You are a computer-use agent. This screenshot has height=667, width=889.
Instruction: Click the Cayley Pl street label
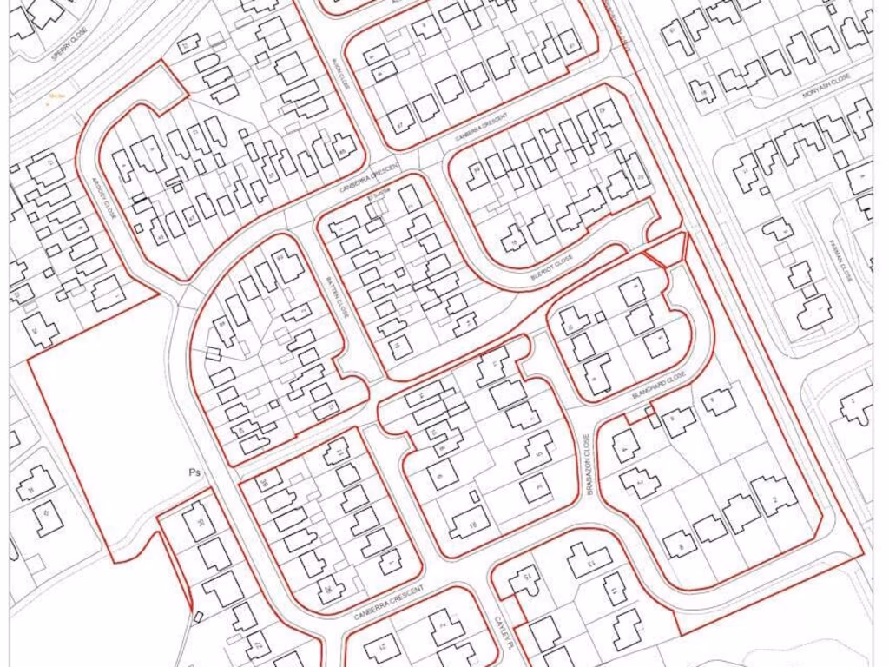point(500,632)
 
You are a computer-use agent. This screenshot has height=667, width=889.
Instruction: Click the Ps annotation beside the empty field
point(194,472)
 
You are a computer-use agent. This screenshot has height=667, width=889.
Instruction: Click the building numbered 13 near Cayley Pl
point(590,560)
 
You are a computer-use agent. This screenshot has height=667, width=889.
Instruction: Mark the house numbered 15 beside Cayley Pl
point(524,579)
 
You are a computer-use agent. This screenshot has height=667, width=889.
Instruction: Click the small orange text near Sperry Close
point(58,96)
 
